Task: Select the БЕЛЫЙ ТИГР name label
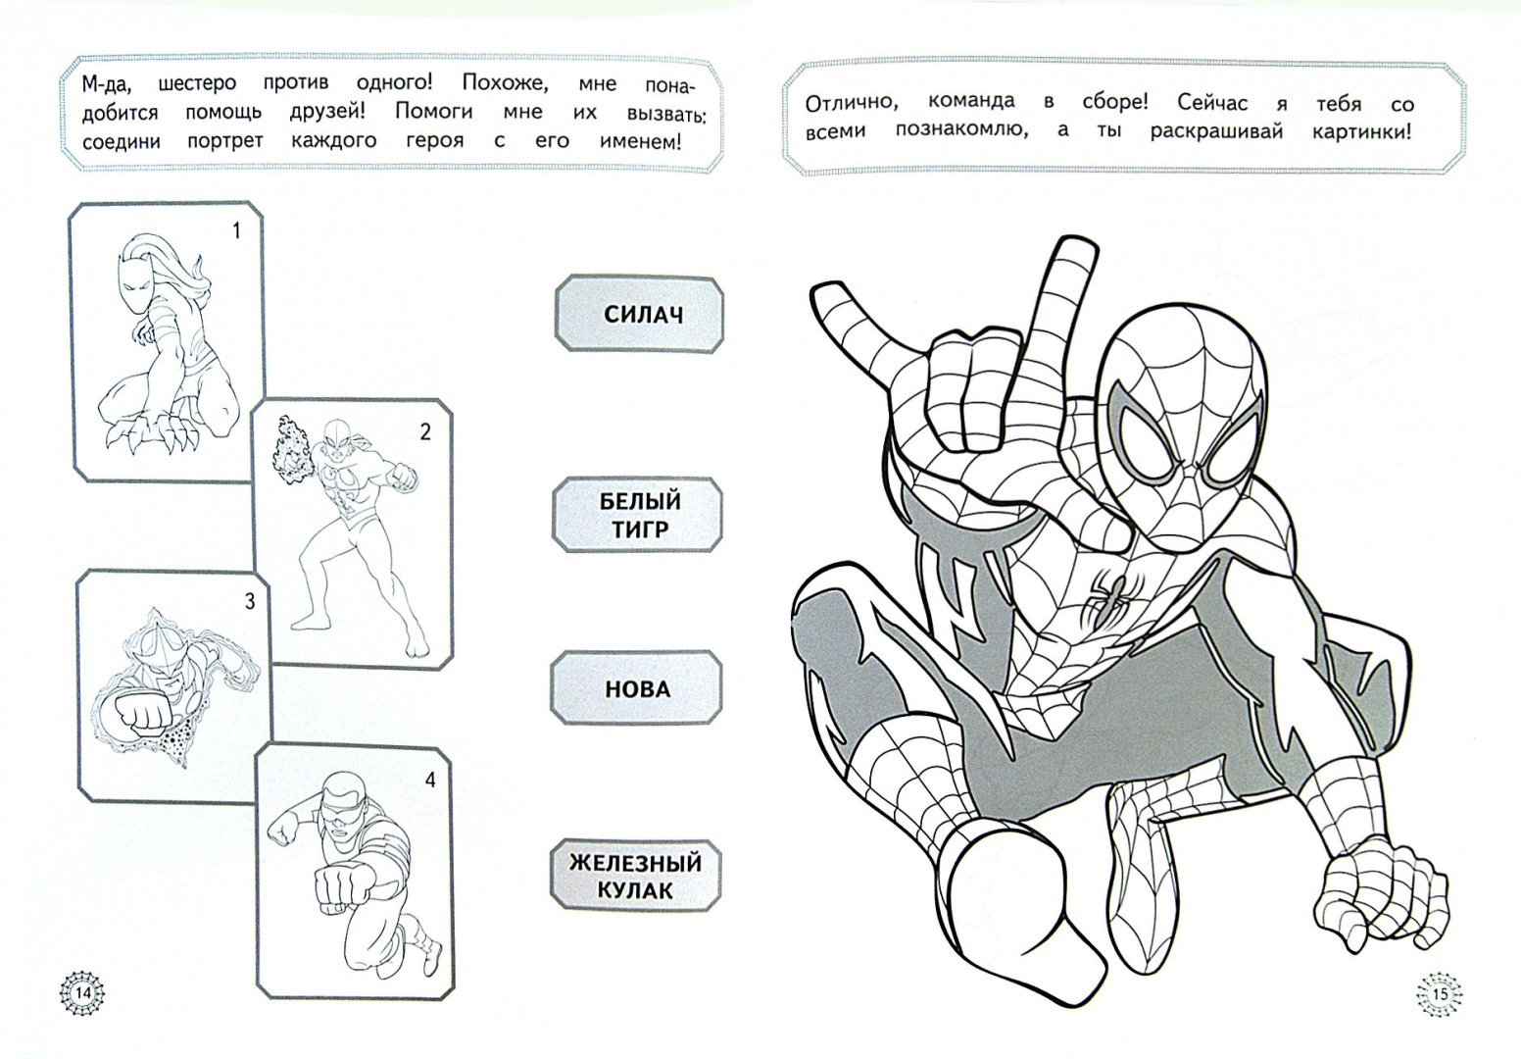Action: [638, 514]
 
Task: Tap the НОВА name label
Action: [636, 688]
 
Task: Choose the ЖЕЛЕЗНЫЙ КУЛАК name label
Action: [636, 876]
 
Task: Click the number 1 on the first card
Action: [237, 231]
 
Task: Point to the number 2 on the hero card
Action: [425, 432]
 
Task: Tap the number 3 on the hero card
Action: [250, 601]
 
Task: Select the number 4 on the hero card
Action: [430, 780]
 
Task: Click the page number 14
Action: [83, 993]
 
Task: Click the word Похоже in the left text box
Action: [505, 83]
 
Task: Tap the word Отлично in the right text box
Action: [853, 103]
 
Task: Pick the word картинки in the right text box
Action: [1361, 131]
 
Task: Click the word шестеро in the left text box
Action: [197, 83]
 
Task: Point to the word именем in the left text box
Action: [640, 142]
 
